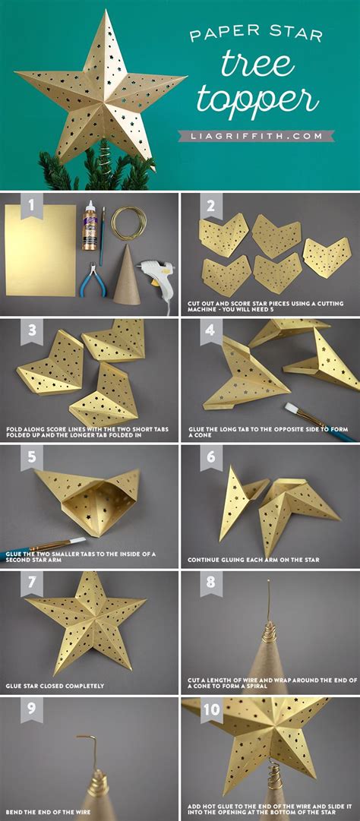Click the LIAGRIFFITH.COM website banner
[255, 136]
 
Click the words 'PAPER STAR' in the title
[255, 34]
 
